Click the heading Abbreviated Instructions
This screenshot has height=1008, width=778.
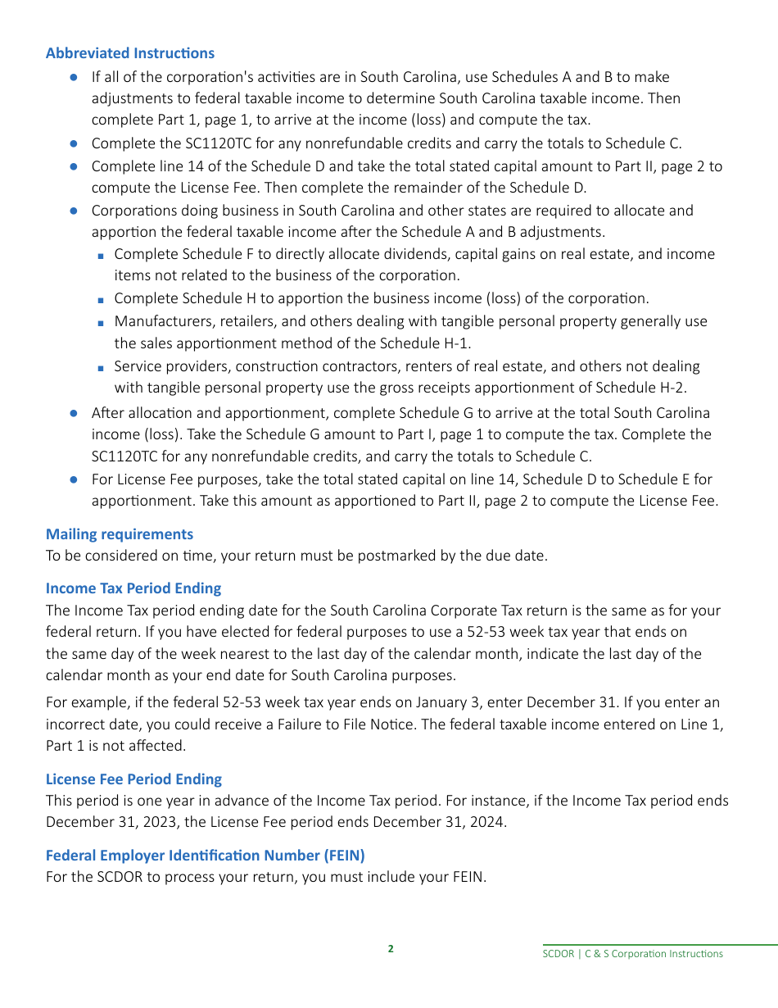tap(129, 53)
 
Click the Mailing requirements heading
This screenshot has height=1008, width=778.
tap(120, 534)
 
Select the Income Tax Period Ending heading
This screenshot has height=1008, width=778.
tap(133, 588)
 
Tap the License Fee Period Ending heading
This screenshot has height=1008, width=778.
tap(133, 779)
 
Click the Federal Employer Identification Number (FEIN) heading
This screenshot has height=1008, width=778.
tap(205, 856)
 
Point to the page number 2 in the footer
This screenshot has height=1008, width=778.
tap(391, 949)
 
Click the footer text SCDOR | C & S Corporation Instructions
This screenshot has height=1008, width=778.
tap(632, 954)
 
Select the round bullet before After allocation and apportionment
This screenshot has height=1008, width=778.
tap(73, 413)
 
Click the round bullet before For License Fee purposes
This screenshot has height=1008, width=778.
tap(73, 479)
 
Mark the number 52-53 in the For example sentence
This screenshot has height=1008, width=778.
tap(242, 703)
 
